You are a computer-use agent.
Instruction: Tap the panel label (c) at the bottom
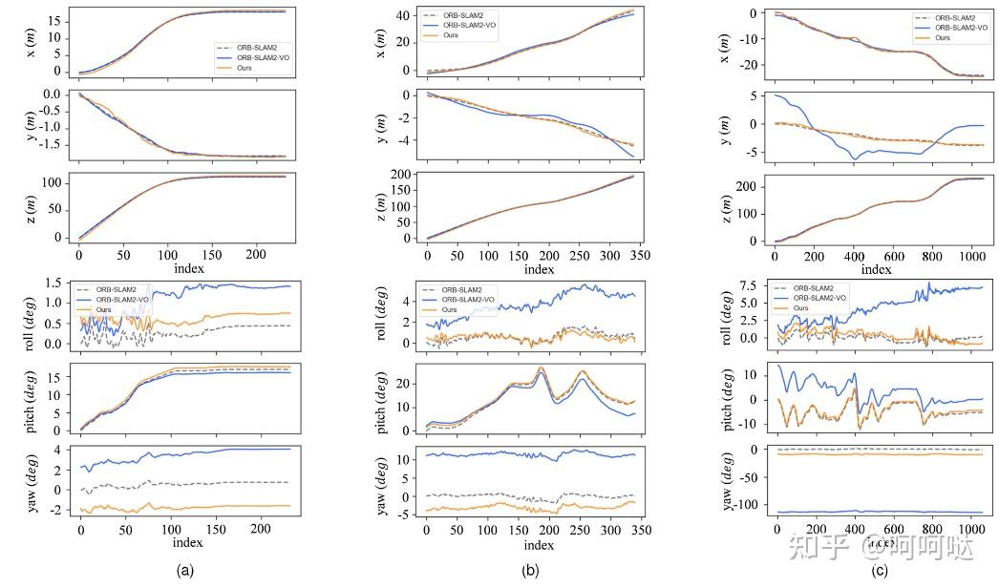880,571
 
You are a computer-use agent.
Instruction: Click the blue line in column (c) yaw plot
879,512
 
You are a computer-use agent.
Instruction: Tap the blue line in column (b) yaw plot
535,454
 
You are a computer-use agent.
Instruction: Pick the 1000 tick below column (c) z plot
971,257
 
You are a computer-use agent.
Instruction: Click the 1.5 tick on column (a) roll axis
57,283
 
